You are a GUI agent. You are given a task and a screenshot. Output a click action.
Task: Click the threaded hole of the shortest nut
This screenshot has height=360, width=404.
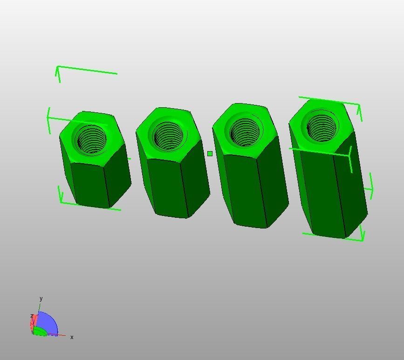click(x=91, y=139)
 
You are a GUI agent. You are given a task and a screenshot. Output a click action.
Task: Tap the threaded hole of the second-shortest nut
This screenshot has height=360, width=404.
click(x=168, y=136)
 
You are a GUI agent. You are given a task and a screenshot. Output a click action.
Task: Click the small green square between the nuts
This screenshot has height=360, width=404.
click(x=210, y=153)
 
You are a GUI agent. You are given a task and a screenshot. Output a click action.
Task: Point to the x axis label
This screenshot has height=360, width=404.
click(x=72, y=337)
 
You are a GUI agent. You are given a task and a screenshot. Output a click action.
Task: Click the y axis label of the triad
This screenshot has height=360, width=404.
click(x=41, y=298)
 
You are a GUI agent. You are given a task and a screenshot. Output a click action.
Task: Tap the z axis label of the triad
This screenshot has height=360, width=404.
click(x=32, y=316)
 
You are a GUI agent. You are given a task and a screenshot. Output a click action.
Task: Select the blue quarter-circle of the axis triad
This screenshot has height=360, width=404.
click(x=47, y=323)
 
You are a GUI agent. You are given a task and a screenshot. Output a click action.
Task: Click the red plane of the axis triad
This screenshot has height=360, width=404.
click(x=34, y=322)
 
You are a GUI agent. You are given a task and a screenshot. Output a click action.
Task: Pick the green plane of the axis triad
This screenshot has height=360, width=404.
click(x=40, y=331)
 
